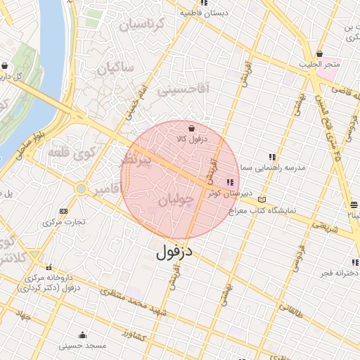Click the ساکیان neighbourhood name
pyautogui.click(x=115, y=70)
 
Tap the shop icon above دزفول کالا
pyautogui.click(x=192, y=128)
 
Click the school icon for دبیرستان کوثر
pyautogui.click(x=231, y=182)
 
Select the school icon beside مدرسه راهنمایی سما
pyautogui.click(x=272, y=157)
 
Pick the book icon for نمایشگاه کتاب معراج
pyautogui.click(x=262, y=199)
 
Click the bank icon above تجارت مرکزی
pyautogui.click(x=64, y=211)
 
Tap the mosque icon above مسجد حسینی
pyautogui.click(x=83, y=335)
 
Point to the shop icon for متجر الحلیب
pyautogui.click(x=320, y=53)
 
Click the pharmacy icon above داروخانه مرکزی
pyautogui.click(x=49, y=267)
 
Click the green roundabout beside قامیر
pyautogui.click(x=82, y=188)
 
